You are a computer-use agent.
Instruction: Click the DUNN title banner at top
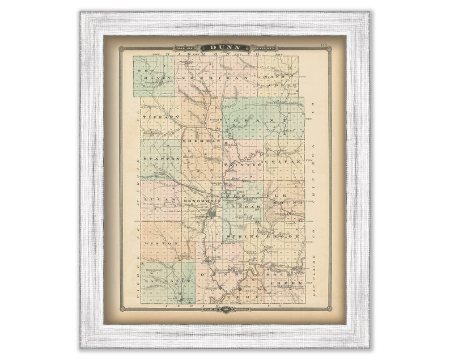click(225, 48)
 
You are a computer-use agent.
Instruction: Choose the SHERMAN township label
click(201, 139)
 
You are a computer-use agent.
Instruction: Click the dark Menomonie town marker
click(211, 214)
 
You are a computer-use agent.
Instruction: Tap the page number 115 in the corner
click(324, 44)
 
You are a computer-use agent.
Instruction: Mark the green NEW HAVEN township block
click(154, 76)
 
